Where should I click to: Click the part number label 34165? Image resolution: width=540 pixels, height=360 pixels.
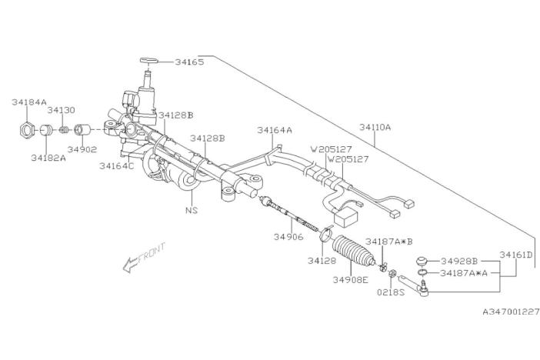(x=189, y=62)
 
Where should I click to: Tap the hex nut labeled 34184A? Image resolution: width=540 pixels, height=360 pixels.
(x=26, y=130)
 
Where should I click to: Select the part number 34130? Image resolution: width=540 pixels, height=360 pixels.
(x=61, y=110)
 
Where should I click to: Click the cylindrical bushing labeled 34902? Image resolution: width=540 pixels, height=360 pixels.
(x=82, y=130)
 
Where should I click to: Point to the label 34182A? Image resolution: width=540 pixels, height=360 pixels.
(x=48, y=158)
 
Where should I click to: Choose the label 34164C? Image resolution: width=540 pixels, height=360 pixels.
(x=116, y=165)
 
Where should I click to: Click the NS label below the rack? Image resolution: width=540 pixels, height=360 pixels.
(x=192, y=209)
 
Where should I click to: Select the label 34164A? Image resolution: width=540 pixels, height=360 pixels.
(x=275, y=130)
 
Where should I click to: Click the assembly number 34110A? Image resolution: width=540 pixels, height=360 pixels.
(x=375, y=127)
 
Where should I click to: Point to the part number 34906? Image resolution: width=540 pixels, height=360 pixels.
(x=288, y=237)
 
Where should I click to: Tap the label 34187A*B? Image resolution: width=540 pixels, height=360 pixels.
(x=388, y=242)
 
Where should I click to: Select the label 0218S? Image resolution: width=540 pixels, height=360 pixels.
(x=391, y=292)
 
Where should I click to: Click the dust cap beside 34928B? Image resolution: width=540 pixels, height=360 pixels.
(x=422, y=261)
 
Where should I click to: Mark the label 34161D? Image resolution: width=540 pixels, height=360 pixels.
(x=516, y=255)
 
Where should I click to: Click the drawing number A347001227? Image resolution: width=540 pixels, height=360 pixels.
(x=511, y=312)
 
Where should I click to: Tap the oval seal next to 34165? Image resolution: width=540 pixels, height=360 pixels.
(x=148, y=61)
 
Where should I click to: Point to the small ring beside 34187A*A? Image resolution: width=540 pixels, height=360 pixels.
(x=422, y=272)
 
